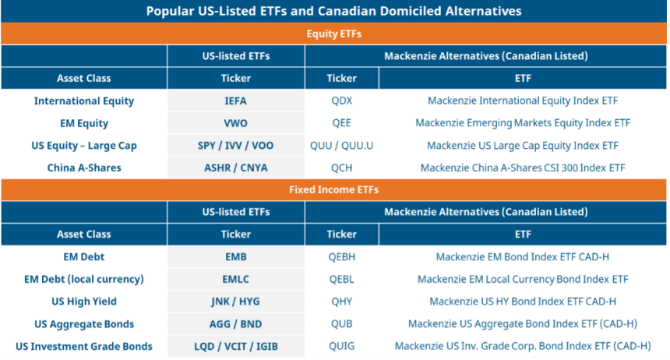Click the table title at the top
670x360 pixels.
(x=334, y=11)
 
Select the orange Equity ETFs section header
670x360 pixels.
(x=335, y=34)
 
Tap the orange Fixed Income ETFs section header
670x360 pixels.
(x=335, y=189)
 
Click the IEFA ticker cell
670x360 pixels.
(x=235, y=101)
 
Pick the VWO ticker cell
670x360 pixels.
(x=235, y=123)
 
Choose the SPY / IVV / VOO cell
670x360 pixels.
(x=235, y=146)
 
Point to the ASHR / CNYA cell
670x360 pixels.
(x=235, y=168)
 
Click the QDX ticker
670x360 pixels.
(x=341, y=101)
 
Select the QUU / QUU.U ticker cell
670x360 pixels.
(x=341, y=146)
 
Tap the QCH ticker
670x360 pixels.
(x=341, y=168)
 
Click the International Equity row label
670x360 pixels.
(x=84, y=101)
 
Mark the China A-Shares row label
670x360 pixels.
(x=84, y=168)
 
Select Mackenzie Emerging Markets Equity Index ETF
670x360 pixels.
(x=523, y=123)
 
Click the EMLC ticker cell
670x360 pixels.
(x=235, y=279)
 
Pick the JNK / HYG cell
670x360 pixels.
(x=235, y=302)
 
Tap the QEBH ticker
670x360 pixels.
(x=341, y=256)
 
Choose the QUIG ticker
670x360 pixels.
(x=341, y=347)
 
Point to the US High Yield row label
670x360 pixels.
(x=84, y=302)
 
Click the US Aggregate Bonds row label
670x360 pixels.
(x=84, y=324)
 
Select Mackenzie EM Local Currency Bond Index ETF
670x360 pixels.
(x=523, y=279)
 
